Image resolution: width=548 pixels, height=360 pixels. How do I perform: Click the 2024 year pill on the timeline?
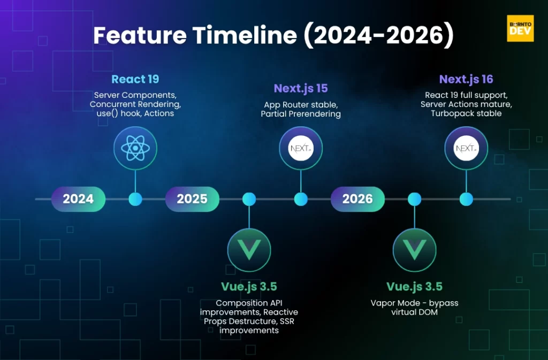click(78, 199)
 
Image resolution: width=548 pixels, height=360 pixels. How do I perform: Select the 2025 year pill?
click(192, 199)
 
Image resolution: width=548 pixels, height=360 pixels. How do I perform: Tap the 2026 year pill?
click(357, 199)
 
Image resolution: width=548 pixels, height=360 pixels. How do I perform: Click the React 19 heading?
click(135, 79)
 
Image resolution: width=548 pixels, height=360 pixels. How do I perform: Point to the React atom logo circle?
click(135, 148)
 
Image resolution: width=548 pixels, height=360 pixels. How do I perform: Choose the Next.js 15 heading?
click(301, 88)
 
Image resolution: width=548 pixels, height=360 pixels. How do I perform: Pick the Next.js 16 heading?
click(466, 79)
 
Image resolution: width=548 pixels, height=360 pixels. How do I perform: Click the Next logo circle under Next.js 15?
click(301, 148)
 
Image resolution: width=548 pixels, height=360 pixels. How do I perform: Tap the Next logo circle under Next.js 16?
click(466, 148)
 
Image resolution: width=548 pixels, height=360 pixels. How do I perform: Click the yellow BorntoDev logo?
click(520, 28)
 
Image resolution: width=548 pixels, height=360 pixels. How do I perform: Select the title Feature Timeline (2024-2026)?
click(273, 35)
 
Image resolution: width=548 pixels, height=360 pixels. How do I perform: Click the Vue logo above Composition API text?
click(249, 250)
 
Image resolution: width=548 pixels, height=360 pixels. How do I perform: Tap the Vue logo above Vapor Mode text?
click(415, 250)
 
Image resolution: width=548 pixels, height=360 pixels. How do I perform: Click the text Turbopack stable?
click(466, 113)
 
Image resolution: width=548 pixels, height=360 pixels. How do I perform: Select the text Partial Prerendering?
click(301, 114)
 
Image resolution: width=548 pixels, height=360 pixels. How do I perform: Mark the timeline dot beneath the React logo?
click(135, 199)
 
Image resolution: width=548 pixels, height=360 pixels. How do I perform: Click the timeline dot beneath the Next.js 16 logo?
click(466, 199)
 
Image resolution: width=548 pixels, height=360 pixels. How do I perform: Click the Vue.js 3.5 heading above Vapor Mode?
click(415, 287)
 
